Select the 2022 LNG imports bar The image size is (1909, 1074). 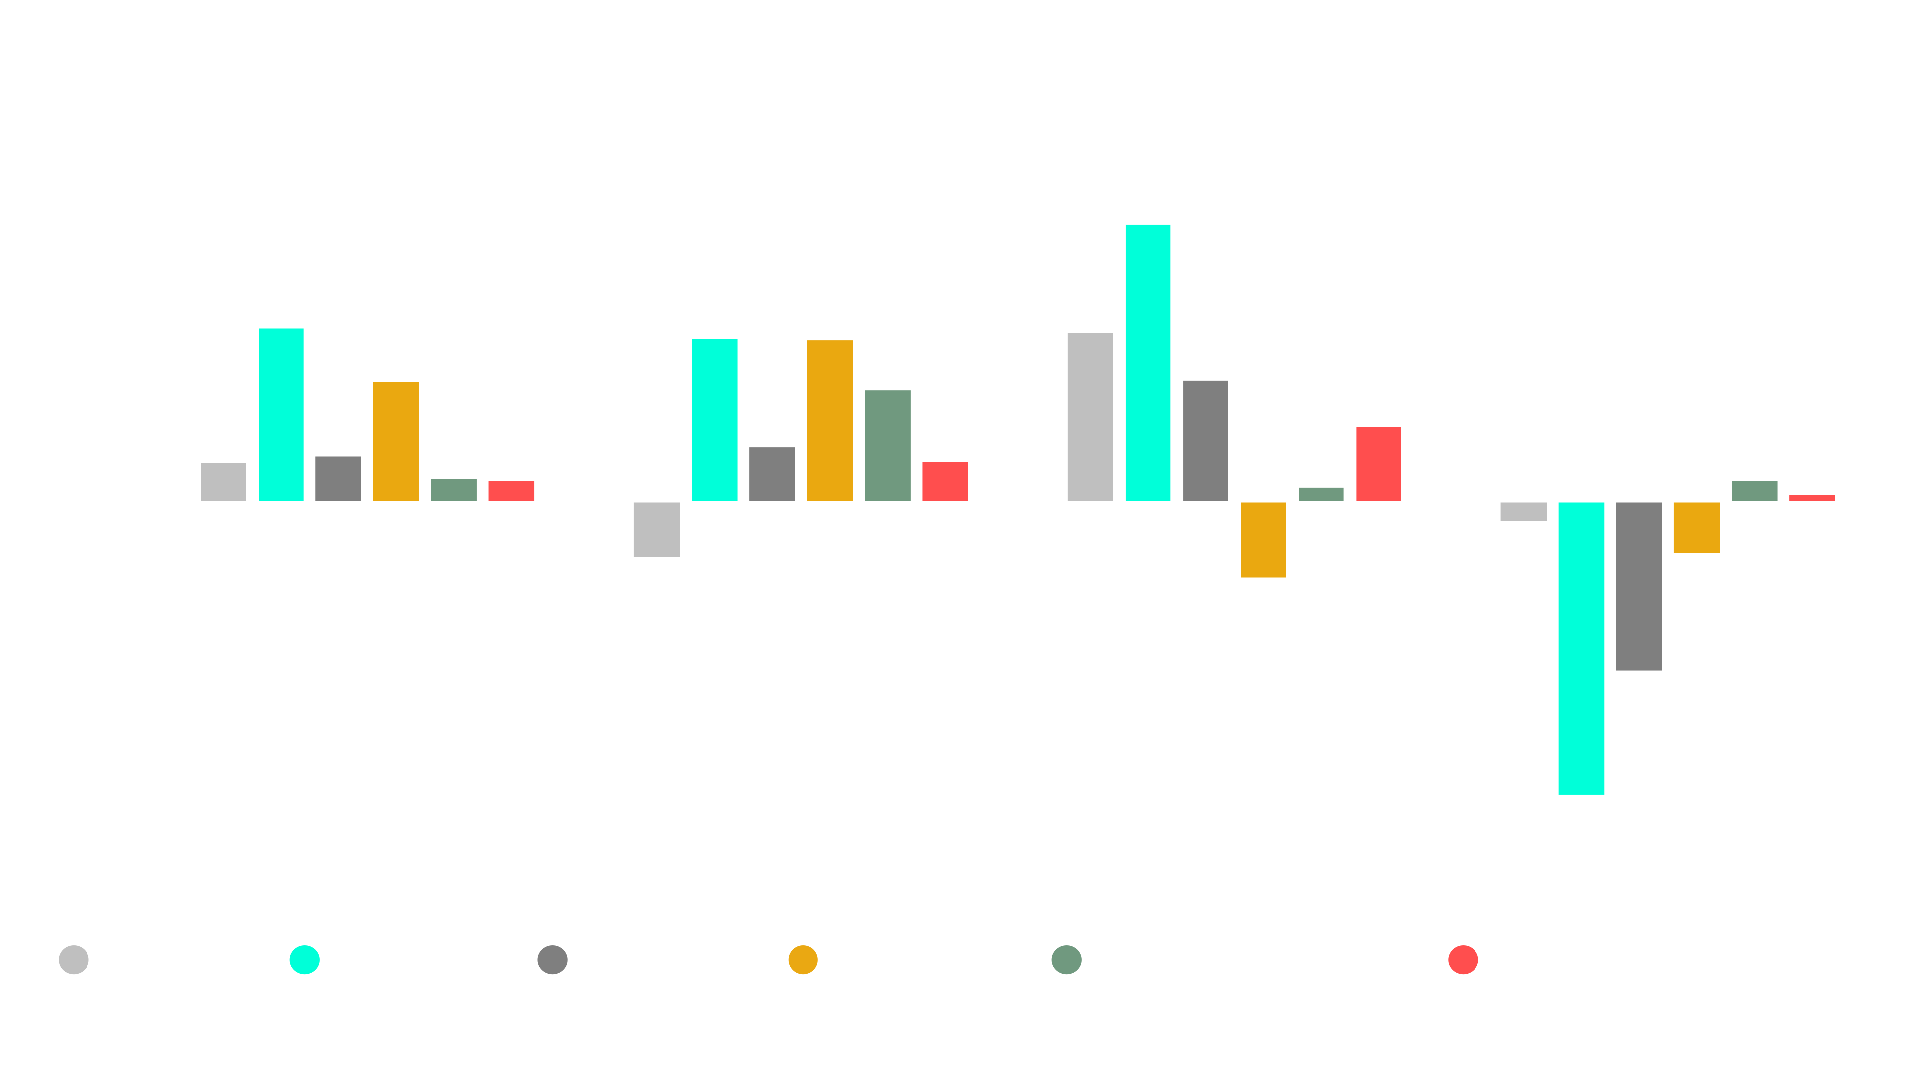tap(1581, 648)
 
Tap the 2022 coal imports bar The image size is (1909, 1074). tap(1639, 586)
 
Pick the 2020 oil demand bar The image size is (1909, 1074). tap(657, 529)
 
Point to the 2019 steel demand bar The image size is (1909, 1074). tap(396, 441)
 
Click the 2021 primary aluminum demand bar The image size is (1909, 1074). tap(1379, 463)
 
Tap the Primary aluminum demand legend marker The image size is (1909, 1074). tap(1463, 959)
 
